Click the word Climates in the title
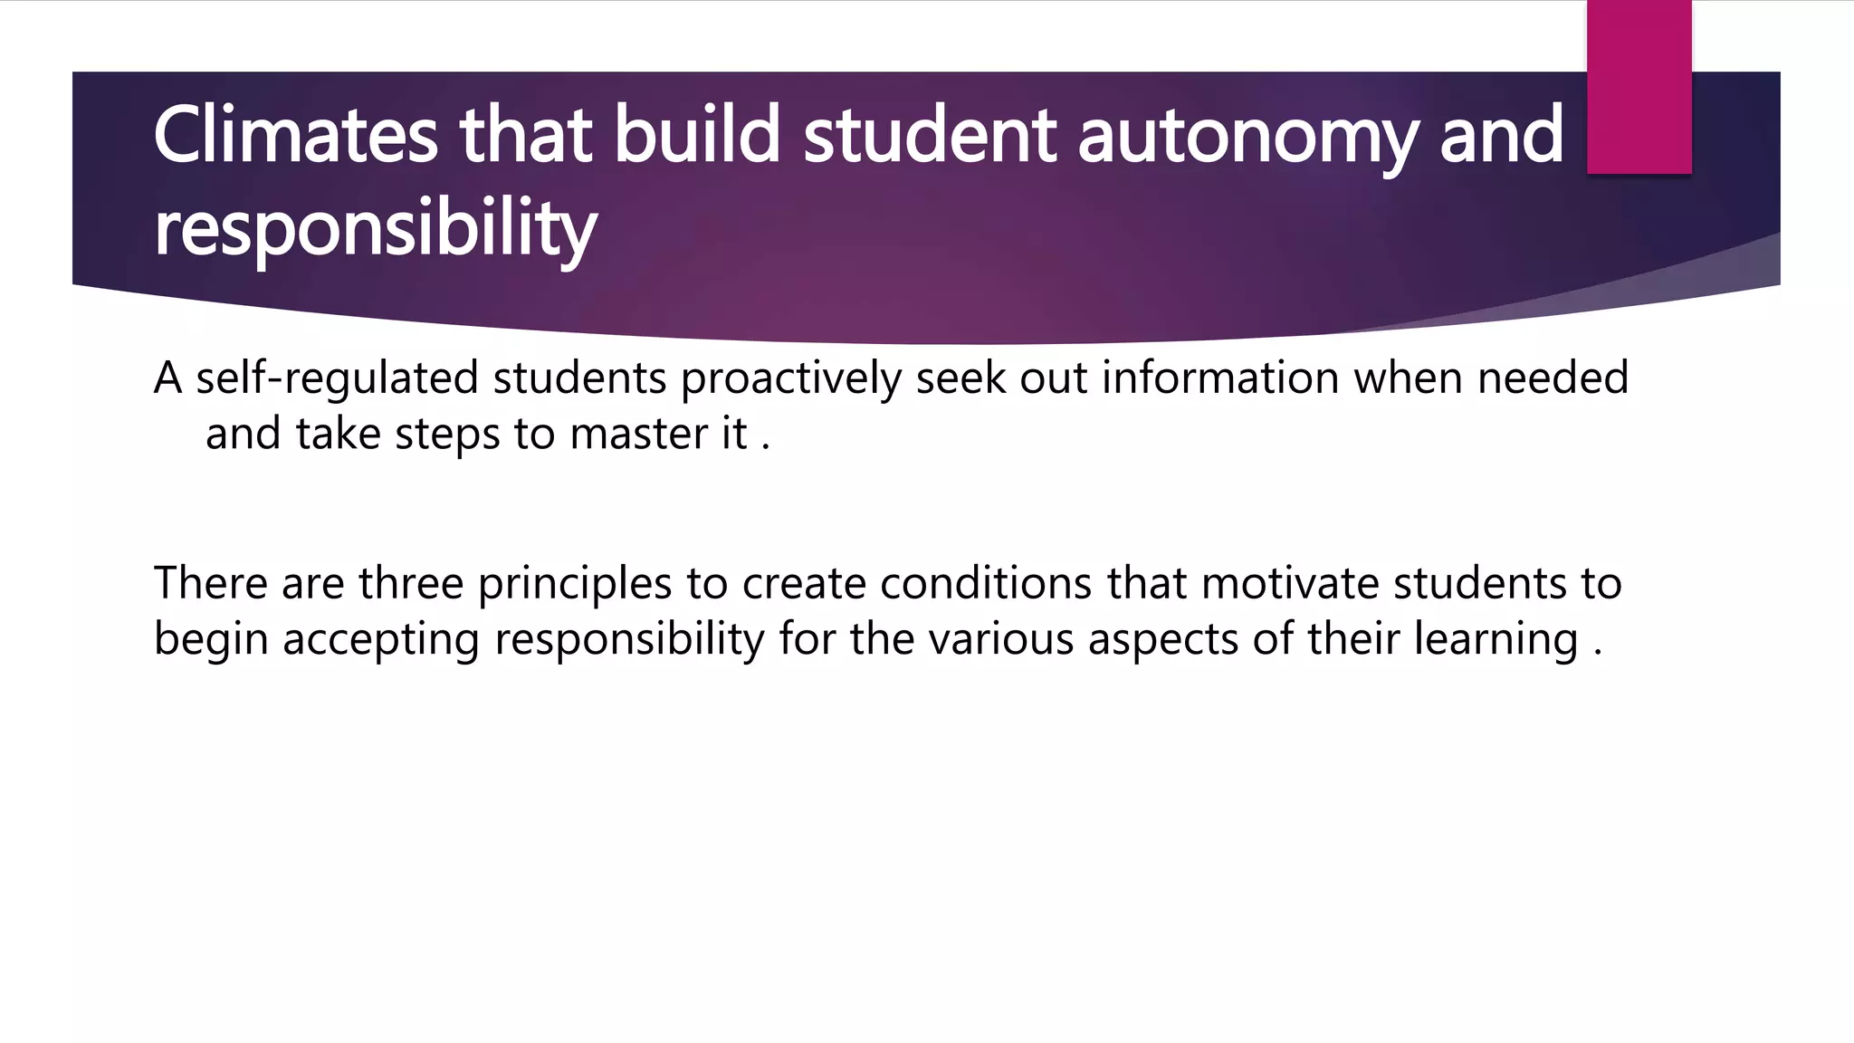[296, 135]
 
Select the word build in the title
[697, 135]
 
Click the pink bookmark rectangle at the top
[1639, 87]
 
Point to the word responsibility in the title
[375, 228]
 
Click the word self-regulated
[337, 378]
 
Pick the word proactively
[790, 378]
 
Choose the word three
[411, 583]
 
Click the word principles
[575, 585]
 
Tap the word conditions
[986, 583]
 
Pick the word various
[1000, 639]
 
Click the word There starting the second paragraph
[210, 583]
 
